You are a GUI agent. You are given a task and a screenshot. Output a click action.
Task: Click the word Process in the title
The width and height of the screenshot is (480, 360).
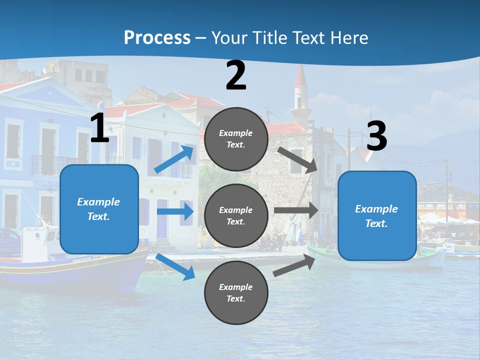157,37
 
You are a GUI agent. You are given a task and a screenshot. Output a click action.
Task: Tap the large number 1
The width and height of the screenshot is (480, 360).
99,128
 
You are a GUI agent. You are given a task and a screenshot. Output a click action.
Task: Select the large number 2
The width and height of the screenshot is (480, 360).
236,75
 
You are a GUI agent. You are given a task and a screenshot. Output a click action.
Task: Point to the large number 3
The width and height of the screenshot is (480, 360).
376,136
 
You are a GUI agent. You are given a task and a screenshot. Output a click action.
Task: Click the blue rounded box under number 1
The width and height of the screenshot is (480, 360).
99,209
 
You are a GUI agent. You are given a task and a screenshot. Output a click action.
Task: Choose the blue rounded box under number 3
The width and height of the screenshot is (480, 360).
377,215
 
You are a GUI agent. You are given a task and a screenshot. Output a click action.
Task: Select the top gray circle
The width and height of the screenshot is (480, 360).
236,139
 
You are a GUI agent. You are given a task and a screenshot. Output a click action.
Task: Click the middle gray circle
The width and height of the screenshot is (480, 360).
236,215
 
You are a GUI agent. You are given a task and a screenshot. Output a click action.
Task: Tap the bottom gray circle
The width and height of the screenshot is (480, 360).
236,292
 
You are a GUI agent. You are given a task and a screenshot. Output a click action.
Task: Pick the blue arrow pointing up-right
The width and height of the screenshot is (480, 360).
175,158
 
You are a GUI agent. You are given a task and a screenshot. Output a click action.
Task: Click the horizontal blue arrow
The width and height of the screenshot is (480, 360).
175,211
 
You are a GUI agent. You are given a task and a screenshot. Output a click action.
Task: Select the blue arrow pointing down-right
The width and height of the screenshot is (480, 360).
175,266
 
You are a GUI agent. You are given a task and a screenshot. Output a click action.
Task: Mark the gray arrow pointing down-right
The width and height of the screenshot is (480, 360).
298,159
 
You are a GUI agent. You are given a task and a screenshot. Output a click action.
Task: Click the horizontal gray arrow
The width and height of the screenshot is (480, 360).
295,210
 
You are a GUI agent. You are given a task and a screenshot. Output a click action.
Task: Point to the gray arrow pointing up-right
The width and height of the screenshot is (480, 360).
294,265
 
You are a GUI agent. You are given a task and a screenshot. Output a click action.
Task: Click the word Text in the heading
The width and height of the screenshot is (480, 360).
307,37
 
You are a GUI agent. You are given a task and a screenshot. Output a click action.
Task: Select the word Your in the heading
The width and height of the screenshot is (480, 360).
230,37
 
